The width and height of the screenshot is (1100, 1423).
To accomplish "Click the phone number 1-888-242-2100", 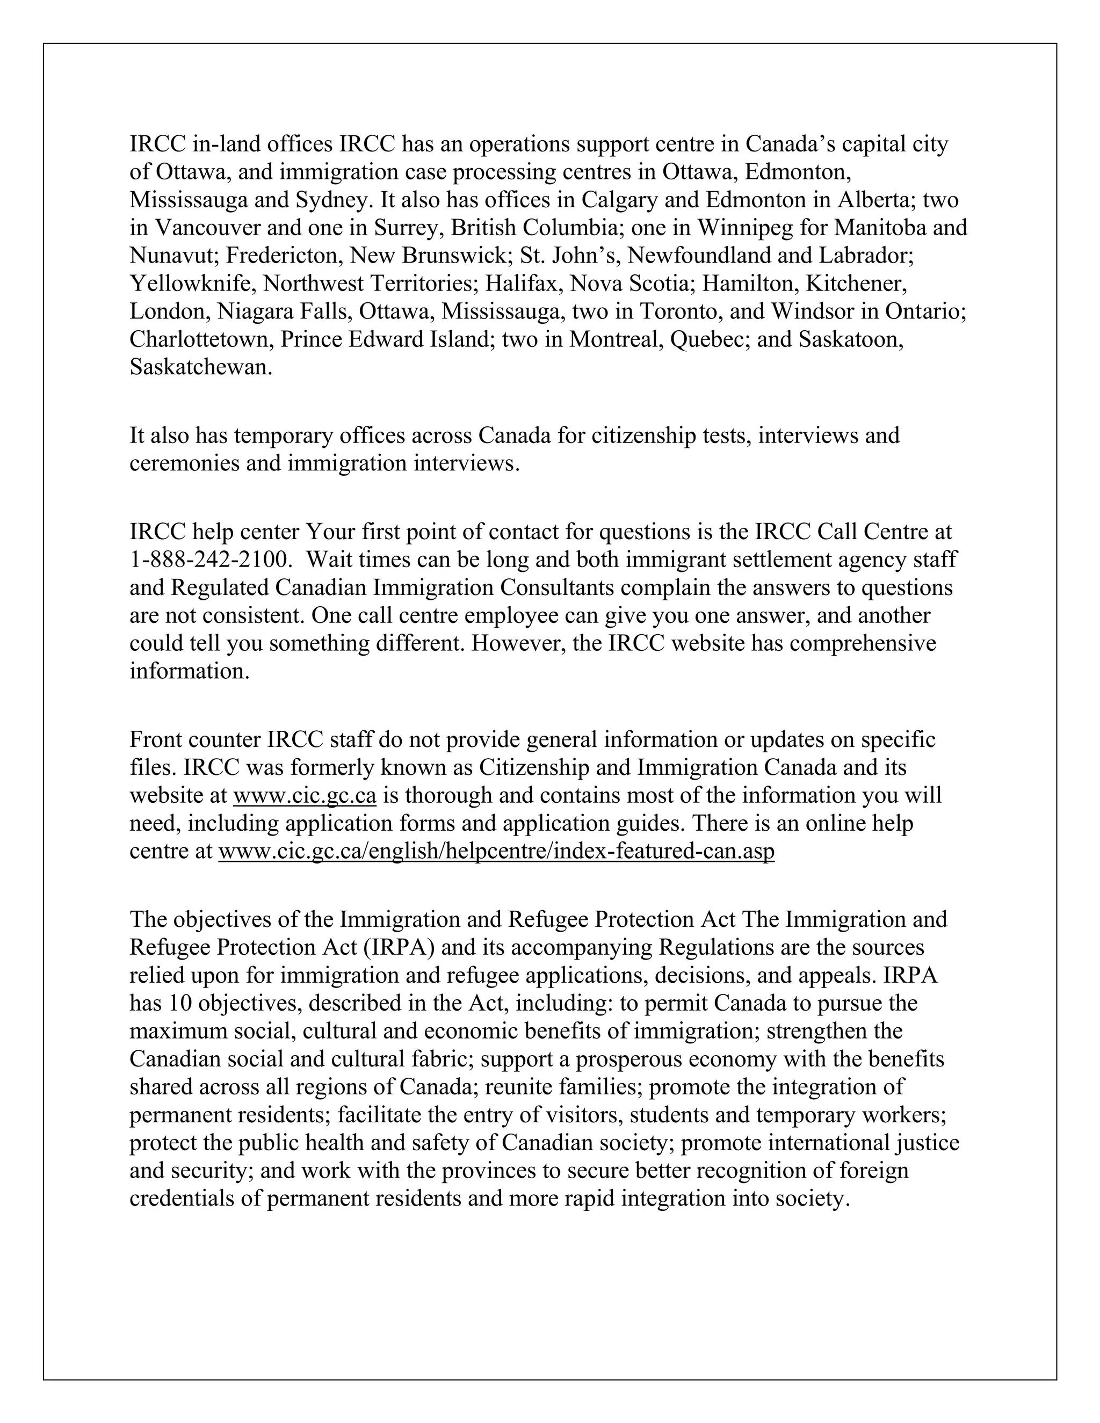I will coord(208,560).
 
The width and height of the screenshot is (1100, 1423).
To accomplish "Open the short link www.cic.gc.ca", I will coord(305,796).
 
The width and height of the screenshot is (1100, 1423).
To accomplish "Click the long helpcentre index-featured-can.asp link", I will coord(496,852).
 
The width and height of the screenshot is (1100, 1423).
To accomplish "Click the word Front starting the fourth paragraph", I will coord(155,739).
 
